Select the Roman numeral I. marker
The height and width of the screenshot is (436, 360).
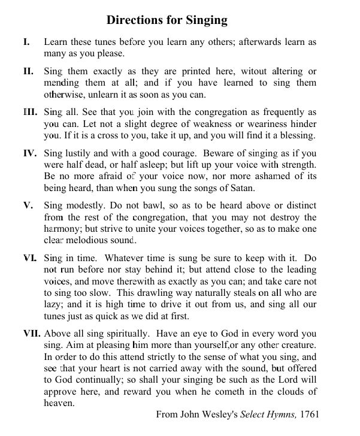(26, 43)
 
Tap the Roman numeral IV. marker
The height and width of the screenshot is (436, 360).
(30, 153)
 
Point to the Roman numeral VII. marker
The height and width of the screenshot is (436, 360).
(32, 334)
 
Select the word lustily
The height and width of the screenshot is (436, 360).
(81, 153)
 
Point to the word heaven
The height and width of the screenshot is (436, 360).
(58, 403)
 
